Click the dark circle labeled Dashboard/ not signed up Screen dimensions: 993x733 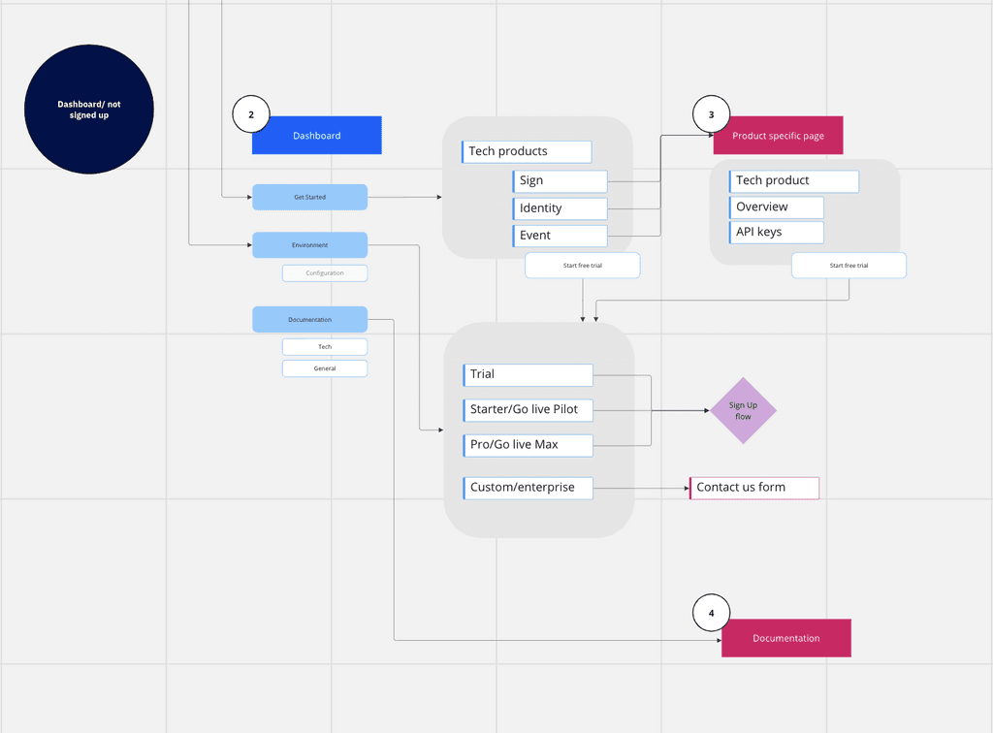tap(88, 109)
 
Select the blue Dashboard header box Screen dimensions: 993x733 tap(317, 135)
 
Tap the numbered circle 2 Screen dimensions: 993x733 tap(251, 114)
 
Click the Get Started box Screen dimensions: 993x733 tap(309, 197)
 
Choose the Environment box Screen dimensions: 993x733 tap(309, 245)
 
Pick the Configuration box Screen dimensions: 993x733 tap(325, 272)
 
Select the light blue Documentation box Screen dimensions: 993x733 tap(309, 320)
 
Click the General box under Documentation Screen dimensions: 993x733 tap(325, 368)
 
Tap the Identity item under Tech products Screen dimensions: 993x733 tap(560, 208)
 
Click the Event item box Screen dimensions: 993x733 tap(560, 236)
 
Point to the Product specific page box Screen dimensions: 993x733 tap(779, 135)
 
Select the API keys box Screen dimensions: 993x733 tap(777, 233)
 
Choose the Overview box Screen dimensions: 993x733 tap(777, 207)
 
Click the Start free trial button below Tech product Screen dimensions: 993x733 tap(849, 266)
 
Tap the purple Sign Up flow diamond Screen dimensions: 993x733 tap(743, 411)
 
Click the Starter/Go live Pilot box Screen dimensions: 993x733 tap(529, 409)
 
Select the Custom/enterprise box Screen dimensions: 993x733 tap(529, 488)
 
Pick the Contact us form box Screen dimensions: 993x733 tap(754, 488)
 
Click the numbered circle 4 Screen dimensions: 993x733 tap(711, 613)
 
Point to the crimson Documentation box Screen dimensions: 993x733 tap(785, 638)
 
